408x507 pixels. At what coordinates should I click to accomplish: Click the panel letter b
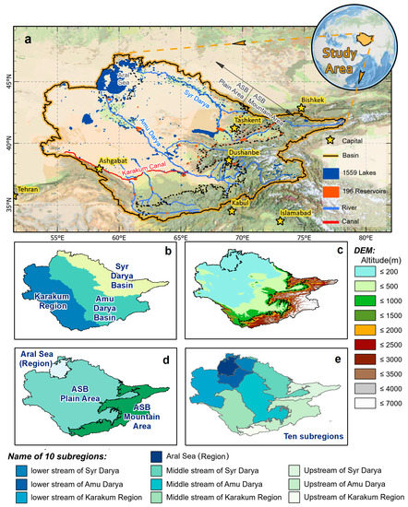click(170, 252)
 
